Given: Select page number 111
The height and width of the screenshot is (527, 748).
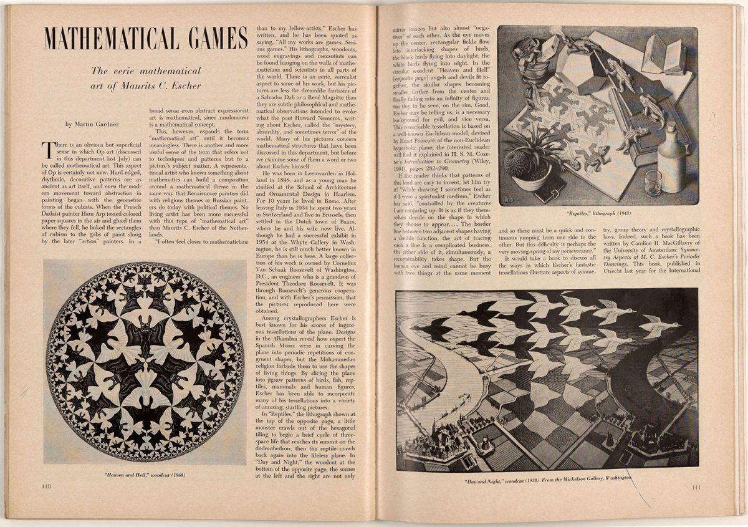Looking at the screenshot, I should [699, 487].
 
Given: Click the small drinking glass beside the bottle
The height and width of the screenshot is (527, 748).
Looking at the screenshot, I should [653, 183].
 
